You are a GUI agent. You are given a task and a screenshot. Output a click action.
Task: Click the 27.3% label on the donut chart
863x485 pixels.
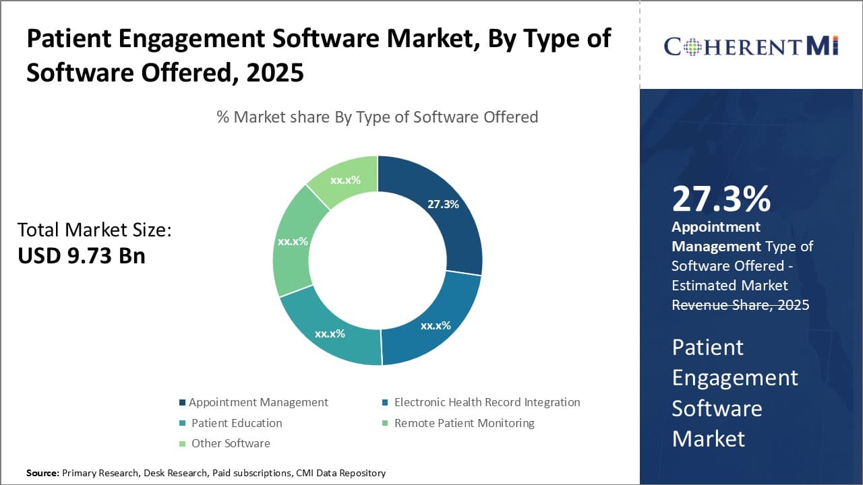[443, 204]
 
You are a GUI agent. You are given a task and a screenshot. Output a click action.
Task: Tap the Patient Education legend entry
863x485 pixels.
[237, 423]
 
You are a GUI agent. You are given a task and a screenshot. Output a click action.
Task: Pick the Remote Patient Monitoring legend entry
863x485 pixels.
[464, 423]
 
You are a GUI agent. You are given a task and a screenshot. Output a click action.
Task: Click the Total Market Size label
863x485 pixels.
[94, 230]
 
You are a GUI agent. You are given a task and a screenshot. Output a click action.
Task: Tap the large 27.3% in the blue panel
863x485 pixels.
[721, 199]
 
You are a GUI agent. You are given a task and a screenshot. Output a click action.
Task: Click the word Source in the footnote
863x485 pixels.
[42, 473]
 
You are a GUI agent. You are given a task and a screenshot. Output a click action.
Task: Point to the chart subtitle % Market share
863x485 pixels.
[377, 117]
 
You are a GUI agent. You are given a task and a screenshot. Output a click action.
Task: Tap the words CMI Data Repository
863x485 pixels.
[340, 473]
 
